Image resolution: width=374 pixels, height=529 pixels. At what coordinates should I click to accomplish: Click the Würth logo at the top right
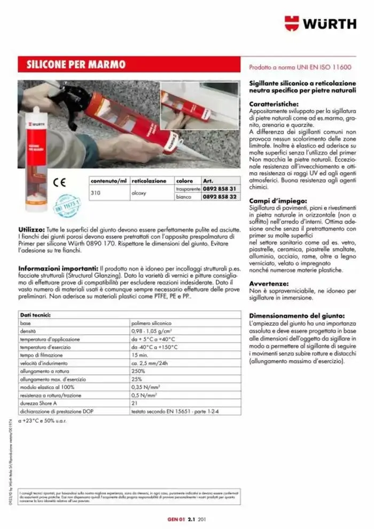pyautogui.click(x=320, y=24)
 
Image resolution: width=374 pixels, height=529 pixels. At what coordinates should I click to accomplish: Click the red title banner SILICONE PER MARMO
pyautogui.click(x=76, y=65)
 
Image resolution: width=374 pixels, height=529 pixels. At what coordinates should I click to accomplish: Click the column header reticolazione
pyautogui.click(x=149, y=181)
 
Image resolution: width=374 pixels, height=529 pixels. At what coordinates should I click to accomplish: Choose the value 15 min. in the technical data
pyautogui.click(x=140, y=355)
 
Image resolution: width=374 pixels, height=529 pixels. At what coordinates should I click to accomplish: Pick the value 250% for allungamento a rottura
pyautogui.click(x=138, y=371)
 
